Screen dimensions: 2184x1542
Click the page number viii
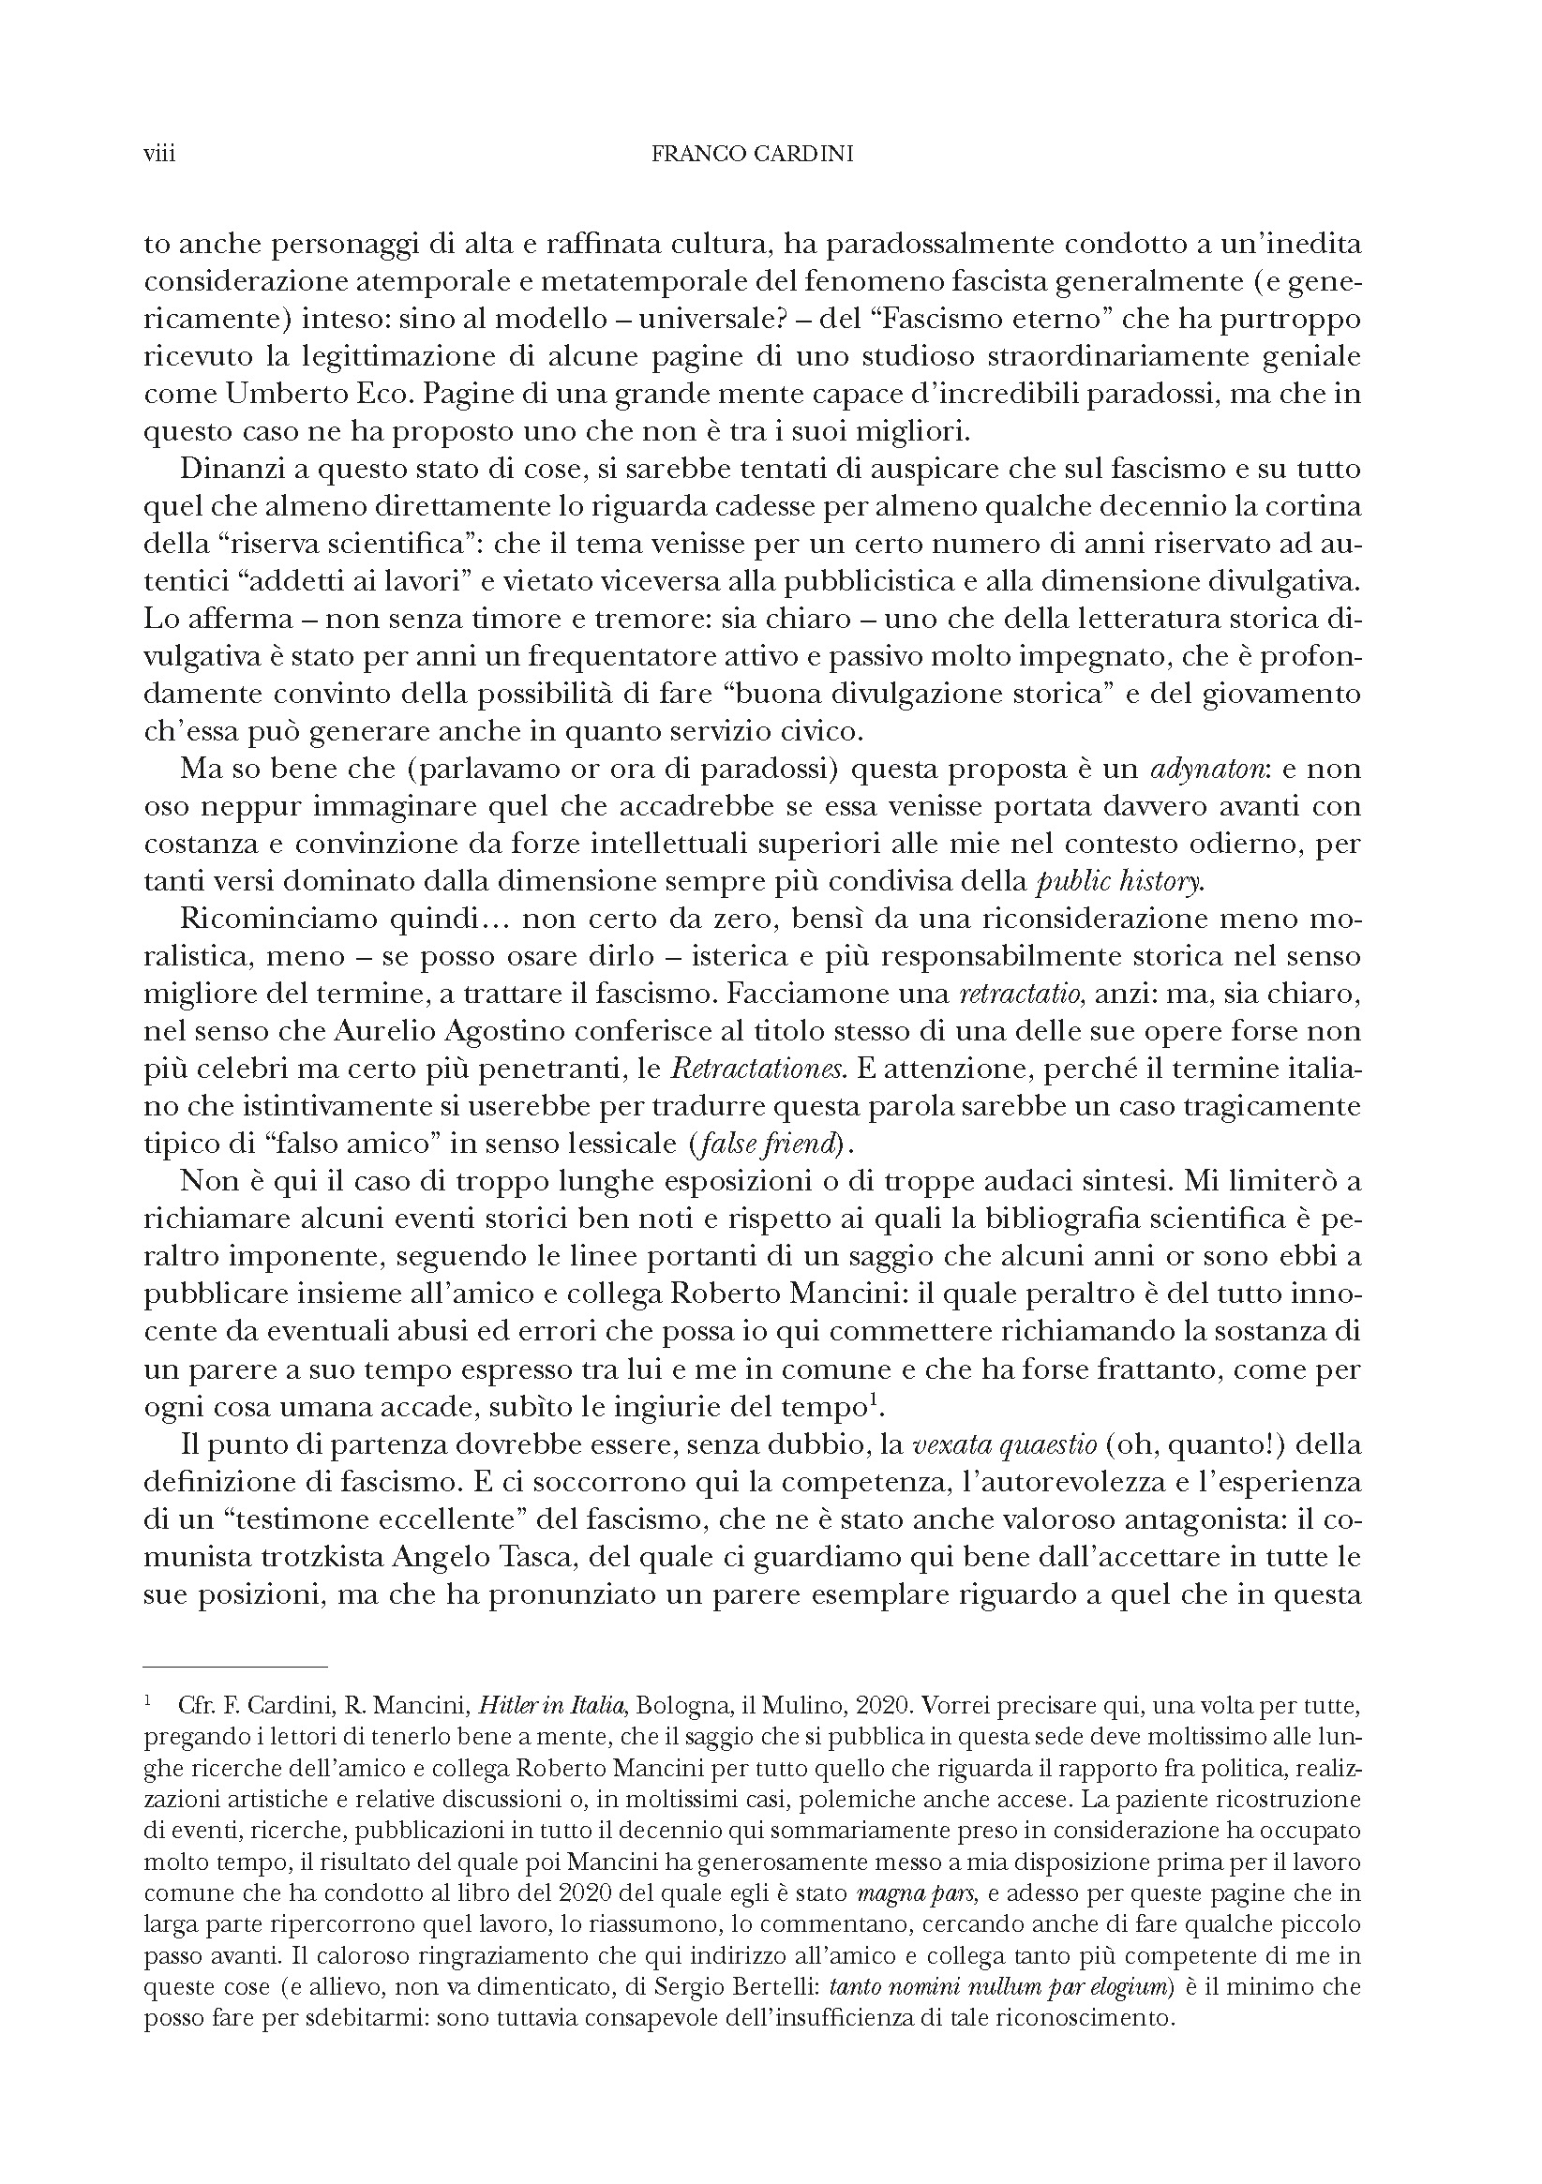coord(158,154)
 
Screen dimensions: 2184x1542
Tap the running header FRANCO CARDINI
coord(752,154)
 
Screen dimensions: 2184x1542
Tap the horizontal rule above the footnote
coord(235,1667)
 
